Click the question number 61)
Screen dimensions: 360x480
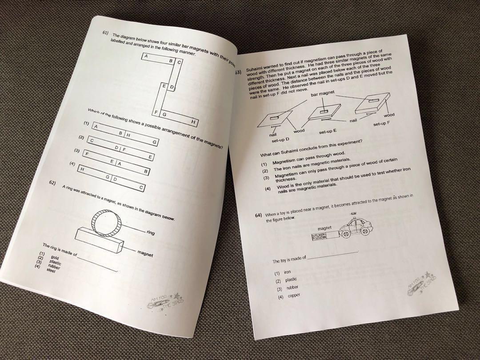tap(105, 32)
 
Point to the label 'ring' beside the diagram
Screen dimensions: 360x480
tap(150, 232)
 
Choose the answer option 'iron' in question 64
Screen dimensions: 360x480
tap(287, 272)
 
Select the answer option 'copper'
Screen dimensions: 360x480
tap(293, 296)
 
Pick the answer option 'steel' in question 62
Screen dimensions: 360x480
tap(51, 270)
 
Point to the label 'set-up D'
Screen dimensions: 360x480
tap(280, 140)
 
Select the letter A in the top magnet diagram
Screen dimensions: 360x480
tap(145, 56)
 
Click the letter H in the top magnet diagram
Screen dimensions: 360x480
tap(193, 121)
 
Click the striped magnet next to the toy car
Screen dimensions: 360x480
tap(325, 237)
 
